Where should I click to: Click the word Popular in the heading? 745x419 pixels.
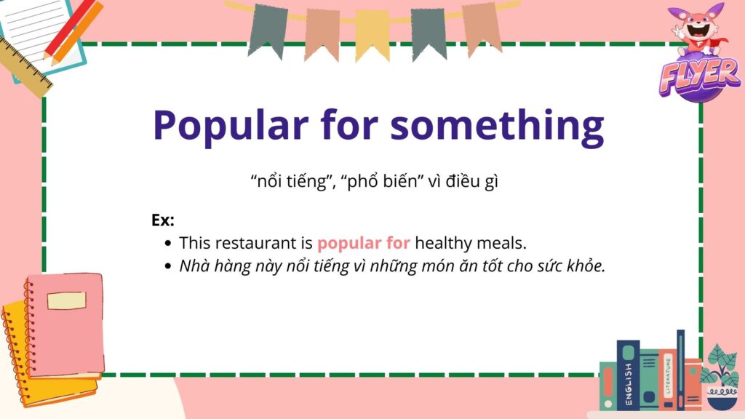[x=231, y=125]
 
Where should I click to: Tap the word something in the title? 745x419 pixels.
[x=497, y=125]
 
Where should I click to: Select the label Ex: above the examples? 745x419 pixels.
[x=163, y=220]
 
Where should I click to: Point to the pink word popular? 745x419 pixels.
[x=349, y=244]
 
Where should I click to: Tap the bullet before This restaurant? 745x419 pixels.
[x=167, y=243]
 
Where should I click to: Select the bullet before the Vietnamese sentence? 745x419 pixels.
[x=167, y=266]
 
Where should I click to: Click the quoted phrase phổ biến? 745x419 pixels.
[x=383, y=181]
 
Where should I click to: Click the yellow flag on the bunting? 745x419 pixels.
[x=372, y=34]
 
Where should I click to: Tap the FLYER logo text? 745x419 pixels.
[x=699, y=76]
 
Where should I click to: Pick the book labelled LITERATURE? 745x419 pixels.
[x=668, y=378]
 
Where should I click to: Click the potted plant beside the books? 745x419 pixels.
[x=721, y=378]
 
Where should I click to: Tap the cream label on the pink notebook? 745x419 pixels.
[x=66, y=300]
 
